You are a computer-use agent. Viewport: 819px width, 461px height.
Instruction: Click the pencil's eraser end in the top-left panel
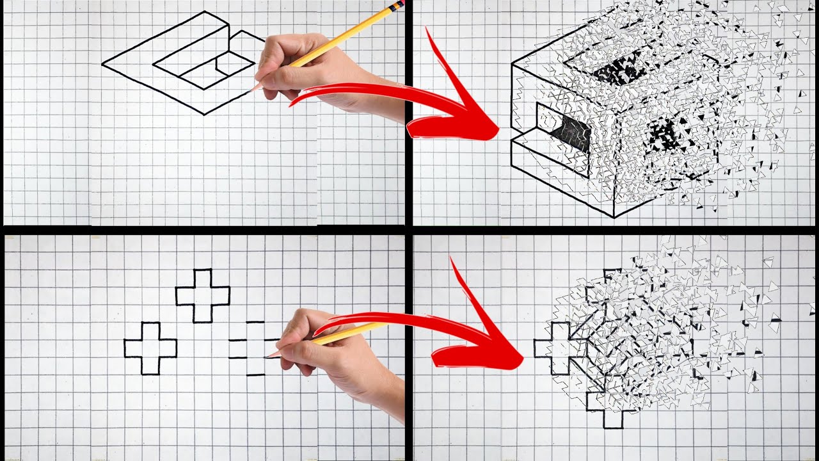tap(396, 6)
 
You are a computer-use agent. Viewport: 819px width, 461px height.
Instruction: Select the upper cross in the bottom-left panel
tap(203, 295)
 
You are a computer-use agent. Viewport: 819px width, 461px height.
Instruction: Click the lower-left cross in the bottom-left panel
tap(150, 348)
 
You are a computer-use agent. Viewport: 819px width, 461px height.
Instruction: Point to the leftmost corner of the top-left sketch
tap(103, 63)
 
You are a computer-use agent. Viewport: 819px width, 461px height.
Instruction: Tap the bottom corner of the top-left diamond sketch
tap(205, 115)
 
